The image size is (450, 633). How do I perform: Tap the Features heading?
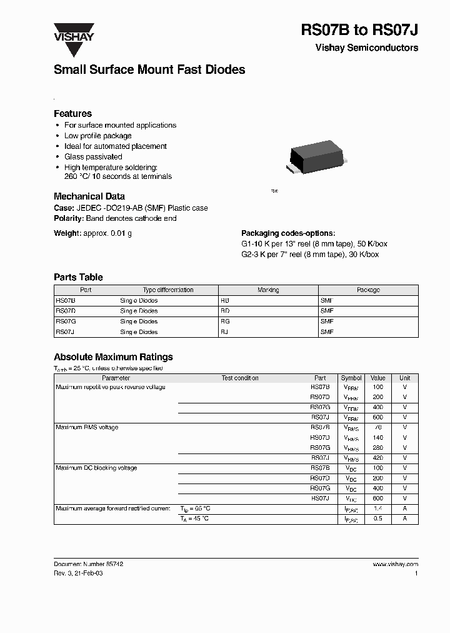pos(72,114)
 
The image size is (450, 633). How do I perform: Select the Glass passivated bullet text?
pos(93,157)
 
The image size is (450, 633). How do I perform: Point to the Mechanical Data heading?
pos(89,196)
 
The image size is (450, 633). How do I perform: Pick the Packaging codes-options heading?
pos(288,233)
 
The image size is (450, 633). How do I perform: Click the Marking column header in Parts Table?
pos(268,290)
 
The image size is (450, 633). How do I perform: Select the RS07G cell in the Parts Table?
pos(66,322)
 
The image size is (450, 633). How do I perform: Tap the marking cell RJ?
pos(224,332)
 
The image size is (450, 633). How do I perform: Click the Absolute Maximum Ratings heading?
pos(113,357)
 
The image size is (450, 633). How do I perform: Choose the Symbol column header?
pos(351,378)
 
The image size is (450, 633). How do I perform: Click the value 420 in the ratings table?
pos(377,458)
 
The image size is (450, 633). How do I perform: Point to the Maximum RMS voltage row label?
pos(87,427)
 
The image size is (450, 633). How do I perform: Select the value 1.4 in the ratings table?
pos(377,509)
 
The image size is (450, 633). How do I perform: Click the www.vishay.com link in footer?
pos(395,564)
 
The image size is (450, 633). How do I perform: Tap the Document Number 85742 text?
pos(88,564)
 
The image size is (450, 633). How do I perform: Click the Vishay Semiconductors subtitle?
pos(367,48)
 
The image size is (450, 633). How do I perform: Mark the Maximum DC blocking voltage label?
pos(96,468)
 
